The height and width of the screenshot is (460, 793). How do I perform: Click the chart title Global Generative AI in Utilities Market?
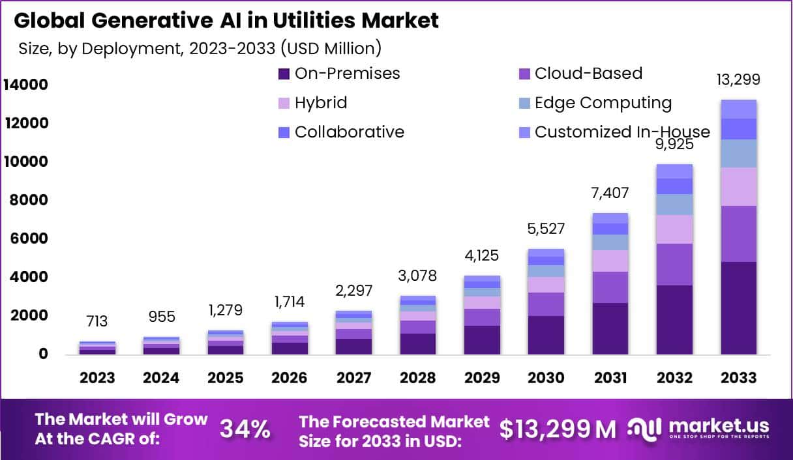pos(226,20)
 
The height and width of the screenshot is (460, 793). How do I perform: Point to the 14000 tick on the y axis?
pos(25,85)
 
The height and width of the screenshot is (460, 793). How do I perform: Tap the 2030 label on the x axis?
pos(546,378)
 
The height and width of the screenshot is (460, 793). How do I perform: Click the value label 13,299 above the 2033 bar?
pos(738,80)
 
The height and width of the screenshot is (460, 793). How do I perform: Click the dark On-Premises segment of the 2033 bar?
pos(738,308)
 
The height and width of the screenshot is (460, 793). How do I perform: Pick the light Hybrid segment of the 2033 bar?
pos(738,186)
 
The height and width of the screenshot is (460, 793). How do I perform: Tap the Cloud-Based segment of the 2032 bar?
pos(674,265)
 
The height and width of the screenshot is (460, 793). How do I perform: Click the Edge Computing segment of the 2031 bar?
pos(610,242)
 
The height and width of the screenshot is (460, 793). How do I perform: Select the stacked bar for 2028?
pos(417,325)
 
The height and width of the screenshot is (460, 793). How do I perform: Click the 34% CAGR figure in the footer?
pos(245,429)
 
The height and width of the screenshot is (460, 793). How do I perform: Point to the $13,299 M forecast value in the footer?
pos(558,429)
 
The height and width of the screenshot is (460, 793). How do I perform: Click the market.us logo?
pos(698,428)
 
